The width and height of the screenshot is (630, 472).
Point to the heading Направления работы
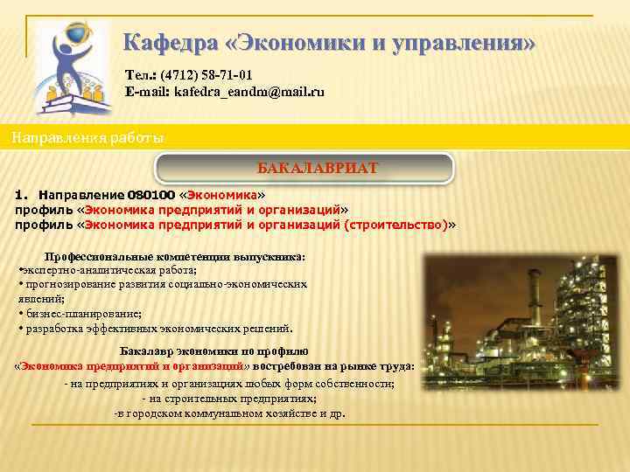87,138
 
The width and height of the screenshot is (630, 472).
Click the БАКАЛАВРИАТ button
304,168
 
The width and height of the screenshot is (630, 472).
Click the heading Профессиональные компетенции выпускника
175,257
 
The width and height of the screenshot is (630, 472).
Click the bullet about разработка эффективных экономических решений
157,329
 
